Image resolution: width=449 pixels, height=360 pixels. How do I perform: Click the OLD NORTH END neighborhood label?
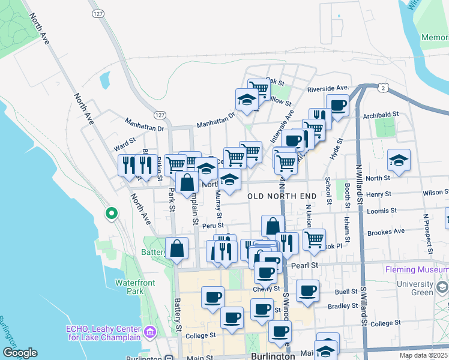point(282,196)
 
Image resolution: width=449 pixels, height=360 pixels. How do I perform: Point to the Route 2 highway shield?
point(382,88)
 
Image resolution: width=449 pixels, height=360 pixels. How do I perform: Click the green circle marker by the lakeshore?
point(111,213)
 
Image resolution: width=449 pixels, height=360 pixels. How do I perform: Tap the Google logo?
point(20,353)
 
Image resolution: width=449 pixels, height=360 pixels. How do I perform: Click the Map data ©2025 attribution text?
point(422,355)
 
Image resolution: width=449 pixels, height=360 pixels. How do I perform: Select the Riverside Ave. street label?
point(328,89)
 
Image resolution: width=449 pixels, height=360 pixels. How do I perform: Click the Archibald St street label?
point(384,114)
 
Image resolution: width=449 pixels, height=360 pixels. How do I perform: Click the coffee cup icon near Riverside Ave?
point(337,104)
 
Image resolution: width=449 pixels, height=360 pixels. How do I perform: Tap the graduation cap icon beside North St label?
point(399,160)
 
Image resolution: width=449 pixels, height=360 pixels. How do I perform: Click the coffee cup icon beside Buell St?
point(308,290)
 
